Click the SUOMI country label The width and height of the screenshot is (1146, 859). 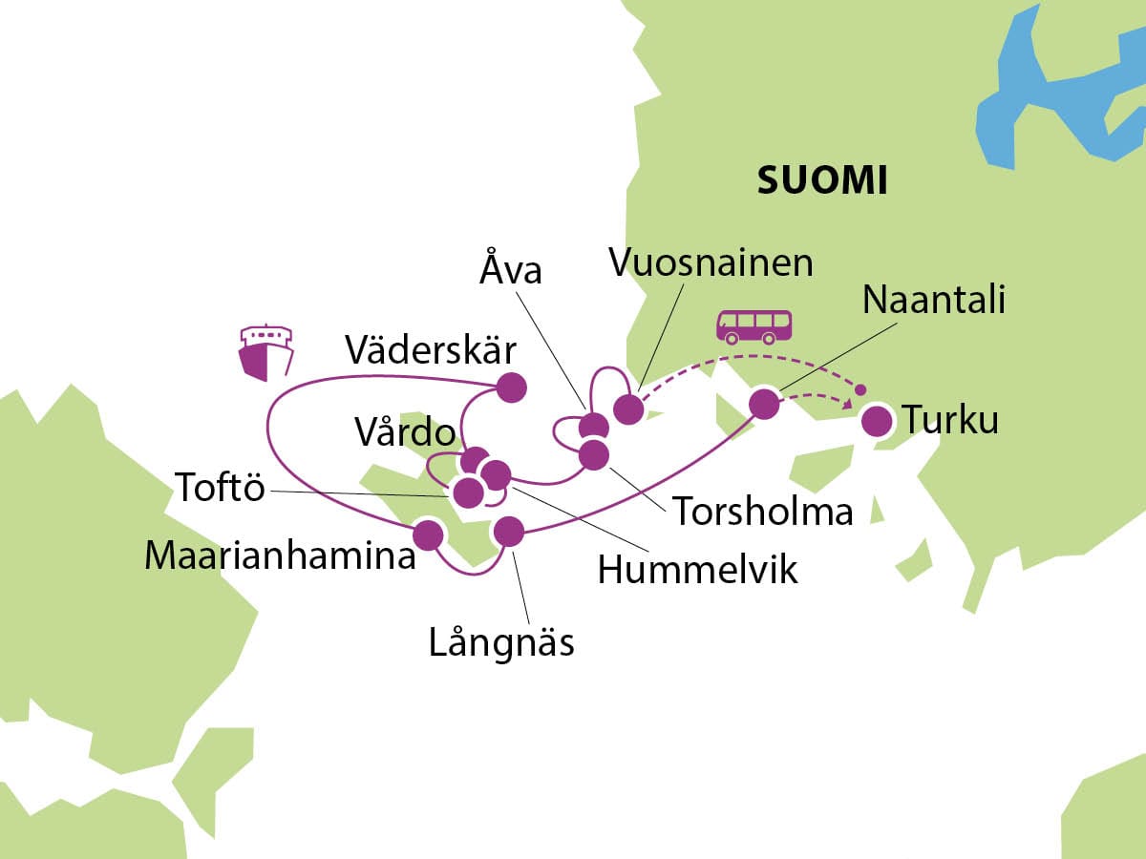(821, 179)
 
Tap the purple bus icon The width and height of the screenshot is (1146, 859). (754, 325)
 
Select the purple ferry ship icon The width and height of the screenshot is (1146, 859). (265, 352)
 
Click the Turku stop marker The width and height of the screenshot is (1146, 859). (876, 421)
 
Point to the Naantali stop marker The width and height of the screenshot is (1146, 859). (764, 404)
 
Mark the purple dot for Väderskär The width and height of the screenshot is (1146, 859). (511, 387)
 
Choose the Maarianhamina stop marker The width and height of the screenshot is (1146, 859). (428, 534)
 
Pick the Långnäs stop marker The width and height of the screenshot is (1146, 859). (508, 532)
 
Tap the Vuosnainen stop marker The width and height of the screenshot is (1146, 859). (627, 409)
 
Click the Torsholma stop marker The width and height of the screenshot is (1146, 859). (593, 454)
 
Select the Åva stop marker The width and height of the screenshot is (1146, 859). (593, 427)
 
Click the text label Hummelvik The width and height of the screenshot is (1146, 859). (697, 570)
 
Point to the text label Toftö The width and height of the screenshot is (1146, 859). (219, 489)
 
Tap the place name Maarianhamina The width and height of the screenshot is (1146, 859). (280, 555)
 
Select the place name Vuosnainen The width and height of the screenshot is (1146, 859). (711, 262)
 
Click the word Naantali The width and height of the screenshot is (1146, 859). (933, 299)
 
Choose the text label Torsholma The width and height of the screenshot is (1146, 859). (762, 512)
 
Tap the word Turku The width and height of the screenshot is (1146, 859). (951, 419)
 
